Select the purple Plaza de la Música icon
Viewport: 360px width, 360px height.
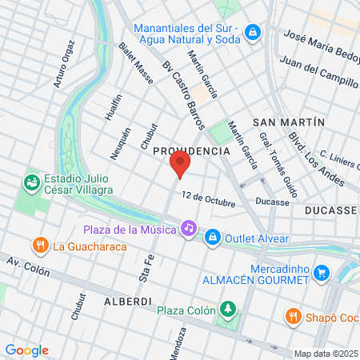pyautogui.click(x=188, y=228)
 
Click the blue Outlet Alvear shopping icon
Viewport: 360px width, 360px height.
pyautogui.click(x=213, y=236)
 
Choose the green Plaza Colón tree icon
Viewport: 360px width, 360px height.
pyautogui.click(x=229, y=309)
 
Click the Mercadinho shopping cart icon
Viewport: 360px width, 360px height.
pyautogui.click(x=322, y=273)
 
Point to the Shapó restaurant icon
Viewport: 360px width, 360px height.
pyautogui.click(x=294, y=316)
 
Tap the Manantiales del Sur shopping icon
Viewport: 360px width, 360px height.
pyautogui.click(x=254, y=33)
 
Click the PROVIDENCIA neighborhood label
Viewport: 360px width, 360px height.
pyautogui.click(x=191, y=150)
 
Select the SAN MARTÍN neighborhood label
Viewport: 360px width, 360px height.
pyautogui.click(x=288, y=122)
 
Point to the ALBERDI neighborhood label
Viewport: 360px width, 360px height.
pyautogui.click(x=127, y=301)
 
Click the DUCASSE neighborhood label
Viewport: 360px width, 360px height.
pyautogui.click(x=331, y=210)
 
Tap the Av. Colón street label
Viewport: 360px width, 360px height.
pyautogui.click(x=28, y=266)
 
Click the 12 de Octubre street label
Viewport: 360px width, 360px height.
pyautogui.click(x=207, y=198)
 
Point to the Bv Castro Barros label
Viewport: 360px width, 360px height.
pyautogui.click(x=183, y=96)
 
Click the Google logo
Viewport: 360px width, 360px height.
pyautogui.click(x=26, y=350)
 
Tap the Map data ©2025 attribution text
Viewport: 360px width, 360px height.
pyautogui.click(x=326, y=354)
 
